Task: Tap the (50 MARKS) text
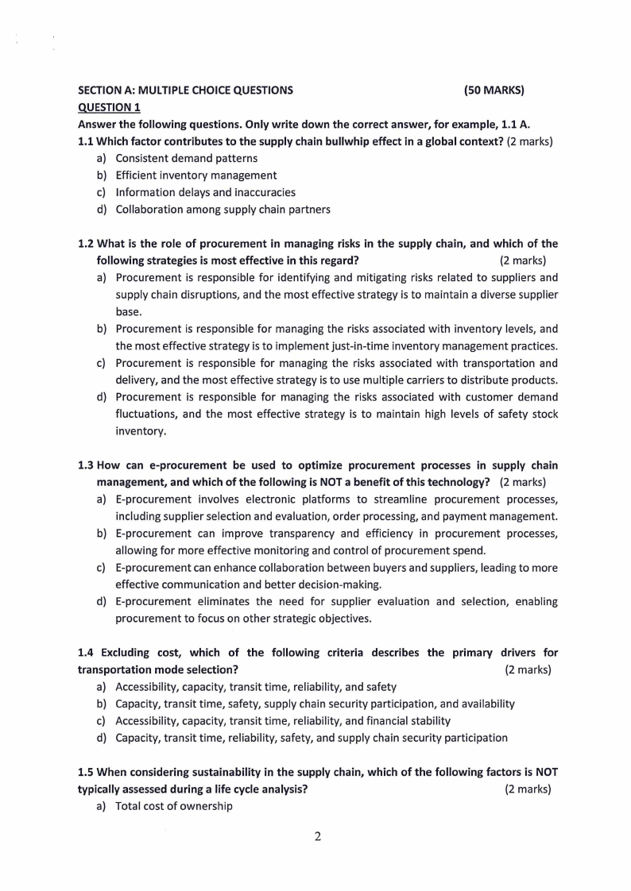click(494, 91)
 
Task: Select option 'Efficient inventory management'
click(195, 175)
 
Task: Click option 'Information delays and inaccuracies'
click(205, 192)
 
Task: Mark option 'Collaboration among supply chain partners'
click(223, 210)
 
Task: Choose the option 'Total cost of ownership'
click(174, 806)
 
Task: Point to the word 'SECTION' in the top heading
click(99, 91)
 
